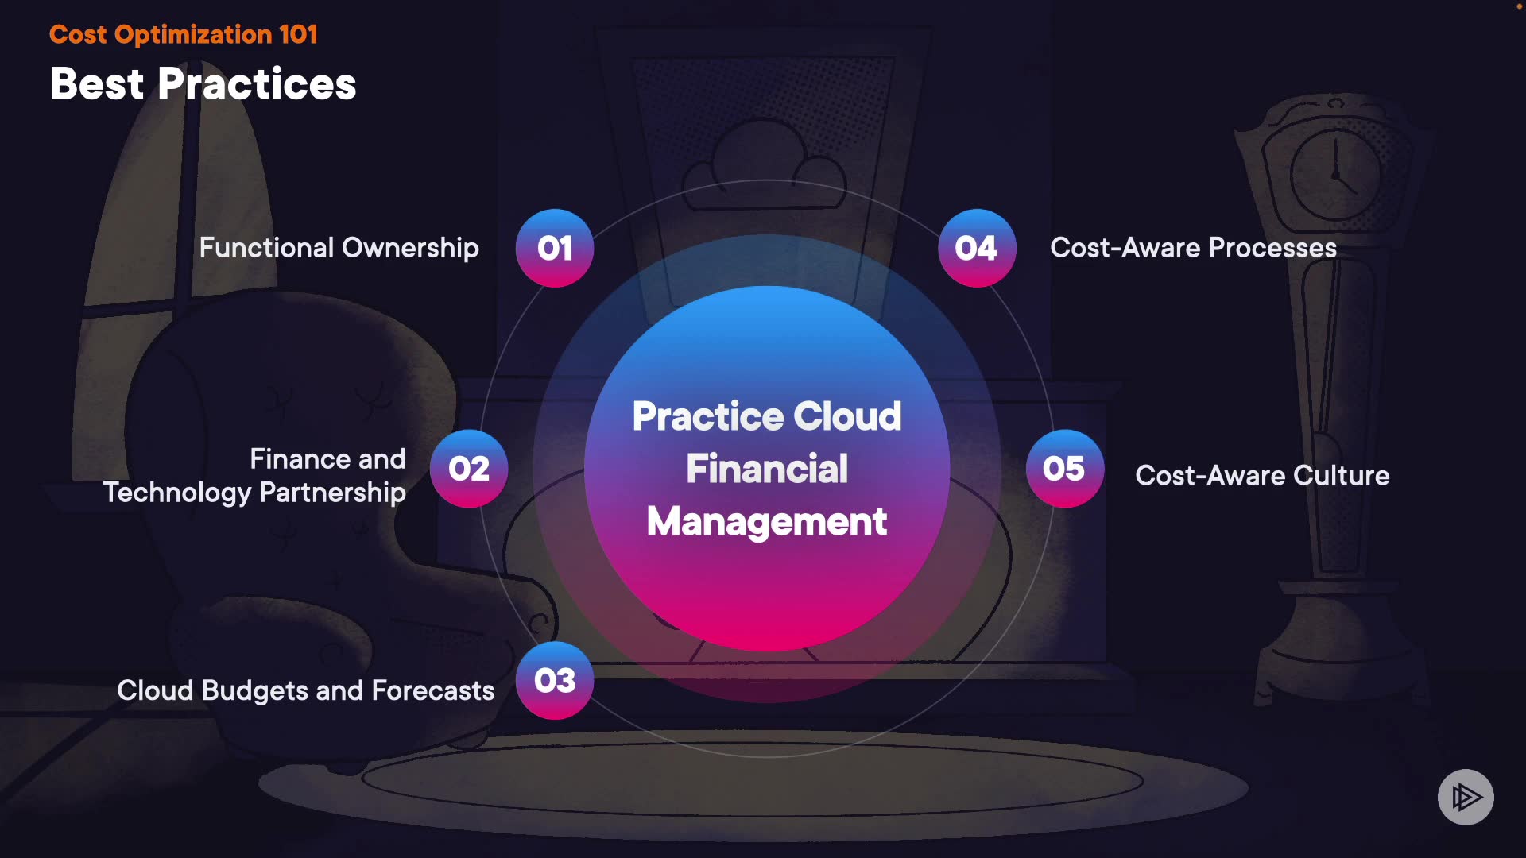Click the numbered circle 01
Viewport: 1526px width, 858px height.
(555, 248)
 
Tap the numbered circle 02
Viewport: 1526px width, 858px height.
(469, 469)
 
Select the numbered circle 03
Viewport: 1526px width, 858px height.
(555, 680)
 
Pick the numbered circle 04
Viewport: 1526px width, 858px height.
(977, 248)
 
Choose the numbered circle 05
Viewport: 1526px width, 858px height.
(1064, 469)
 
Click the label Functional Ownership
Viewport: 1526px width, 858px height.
(339, 248)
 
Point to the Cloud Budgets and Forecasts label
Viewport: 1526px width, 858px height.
(305, 690)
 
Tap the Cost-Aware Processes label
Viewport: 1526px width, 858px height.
(1193, 248)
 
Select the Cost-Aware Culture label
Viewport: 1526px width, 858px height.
(1262, 475)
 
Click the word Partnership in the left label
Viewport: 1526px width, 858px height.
(332, 493)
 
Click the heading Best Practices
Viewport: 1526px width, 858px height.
(203, 84)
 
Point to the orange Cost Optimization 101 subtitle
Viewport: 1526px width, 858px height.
(183, 34)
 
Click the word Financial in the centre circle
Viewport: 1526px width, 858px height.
(767, 469)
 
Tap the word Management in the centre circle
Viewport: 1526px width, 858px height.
(767, 522)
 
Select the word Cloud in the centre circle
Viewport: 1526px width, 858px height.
(847, 416)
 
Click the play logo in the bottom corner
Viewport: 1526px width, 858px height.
(1466, 797)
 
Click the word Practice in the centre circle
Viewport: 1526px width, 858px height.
(708, 416)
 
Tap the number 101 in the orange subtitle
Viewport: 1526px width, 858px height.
(298, 34)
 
